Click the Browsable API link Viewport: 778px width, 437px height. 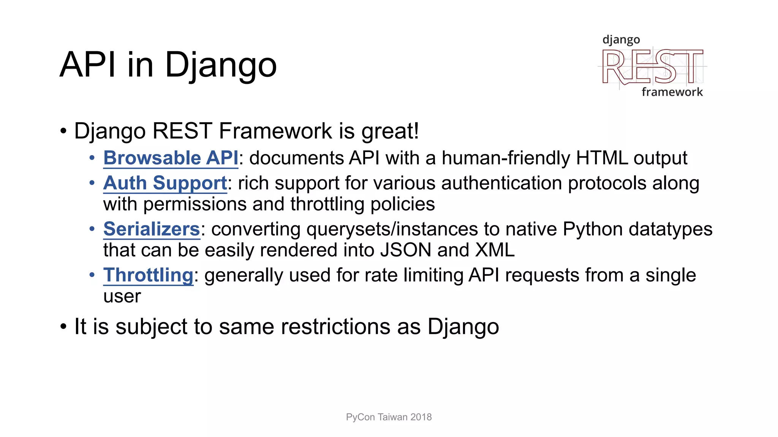[x=171, y=158]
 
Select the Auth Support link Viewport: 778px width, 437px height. [x=165, y=183]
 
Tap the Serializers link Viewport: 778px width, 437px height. [x=151, y=229]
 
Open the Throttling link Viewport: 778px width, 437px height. [x=148, y=275]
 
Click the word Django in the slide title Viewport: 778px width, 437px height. [x=220, y=65]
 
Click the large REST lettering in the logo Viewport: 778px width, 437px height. [x=652, y=68]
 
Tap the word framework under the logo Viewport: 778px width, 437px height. [x=672, y=92]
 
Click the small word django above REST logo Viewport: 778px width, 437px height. [x=621, y=40]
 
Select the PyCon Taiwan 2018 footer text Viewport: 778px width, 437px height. [x=389, y=417]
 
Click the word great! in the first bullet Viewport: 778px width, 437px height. [x=390, y=131]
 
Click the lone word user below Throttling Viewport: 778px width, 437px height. [x=122, y=296]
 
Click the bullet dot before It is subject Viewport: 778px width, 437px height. [x=63, y=327]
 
